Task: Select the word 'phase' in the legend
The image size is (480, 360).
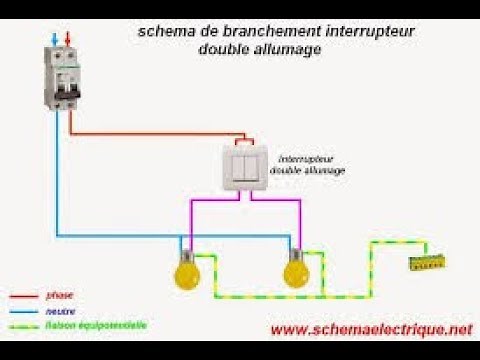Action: (58, 295)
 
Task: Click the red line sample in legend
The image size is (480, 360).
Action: (23, 296)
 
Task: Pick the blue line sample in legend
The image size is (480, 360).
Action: (23, 311)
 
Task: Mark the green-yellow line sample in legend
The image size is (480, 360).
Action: (23, 326)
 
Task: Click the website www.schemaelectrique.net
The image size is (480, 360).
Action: (370, 329)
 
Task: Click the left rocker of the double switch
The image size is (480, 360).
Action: (238, 165)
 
